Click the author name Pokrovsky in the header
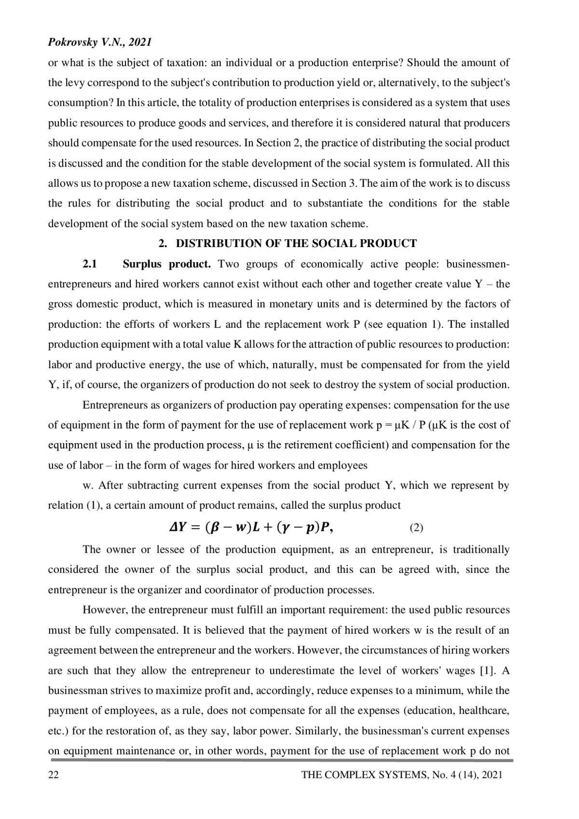[x=69, y=42]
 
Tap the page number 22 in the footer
[x=53, y=775]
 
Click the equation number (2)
[x=416, y=527]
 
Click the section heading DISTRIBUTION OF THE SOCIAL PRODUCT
[x=296, y=243]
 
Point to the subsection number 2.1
[x=90, y=264]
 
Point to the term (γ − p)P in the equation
[x=302, y=527]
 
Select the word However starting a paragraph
[x=105, y=610]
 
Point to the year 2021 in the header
[x=140, y=42]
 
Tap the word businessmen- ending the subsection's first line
[x=478, y=264]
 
